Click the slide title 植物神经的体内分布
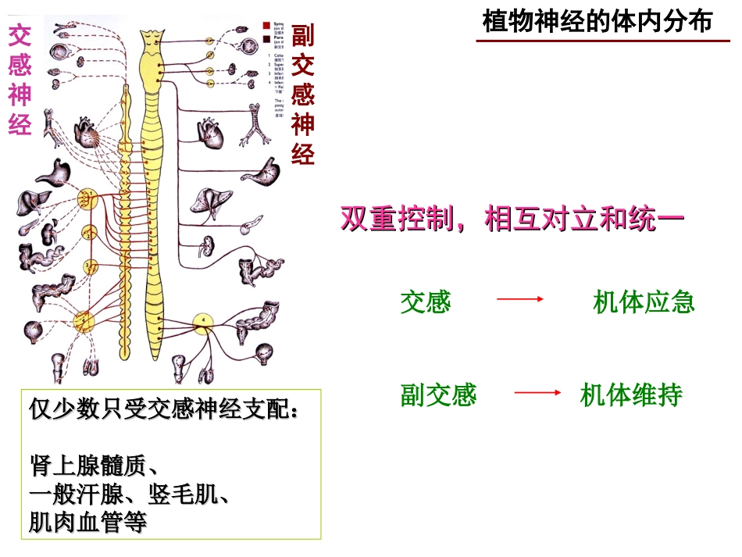(597, 21)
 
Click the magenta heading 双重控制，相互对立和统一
(512, 219)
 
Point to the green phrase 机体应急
(644, 302)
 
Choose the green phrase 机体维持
(631, 395)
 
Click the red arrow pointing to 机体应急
(519, 299)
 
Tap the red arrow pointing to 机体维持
(539, 393)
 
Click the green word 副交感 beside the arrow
(438, 395)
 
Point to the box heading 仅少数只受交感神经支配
(163, 409)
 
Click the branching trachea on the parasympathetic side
(255, 125)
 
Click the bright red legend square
(267, 26)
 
